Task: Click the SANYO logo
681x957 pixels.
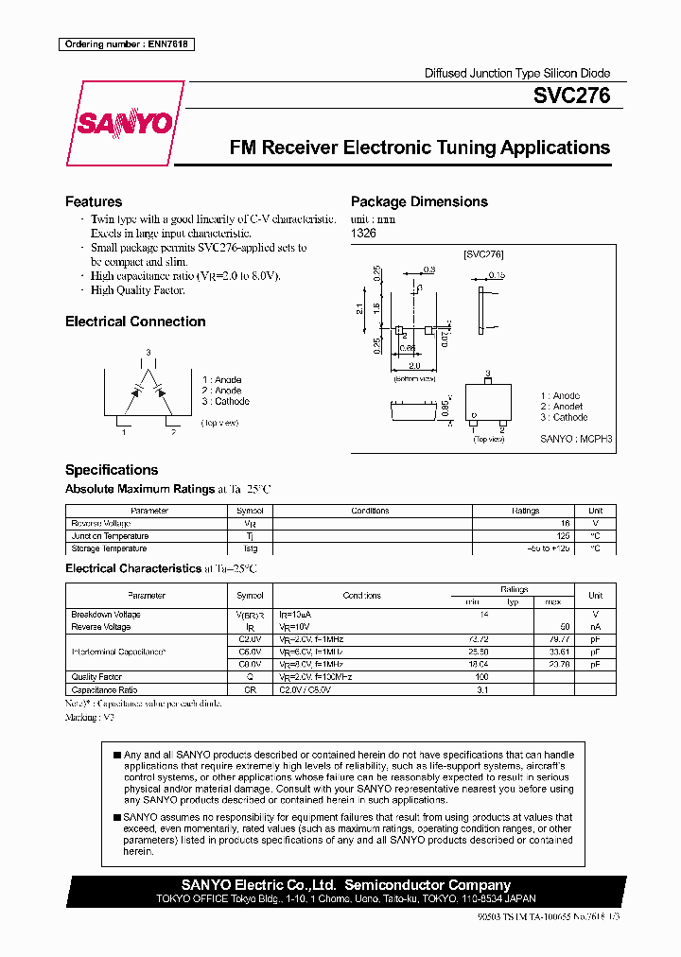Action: [125, 123]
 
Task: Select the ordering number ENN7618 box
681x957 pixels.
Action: [126, 44]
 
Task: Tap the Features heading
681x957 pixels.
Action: [94, 201]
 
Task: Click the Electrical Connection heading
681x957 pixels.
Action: [135, 322]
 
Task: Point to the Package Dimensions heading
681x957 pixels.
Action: [419, 201]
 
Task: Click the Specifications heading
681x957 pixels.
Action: [112, 470]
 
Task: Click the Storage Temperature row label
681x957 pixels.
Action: [109, 548]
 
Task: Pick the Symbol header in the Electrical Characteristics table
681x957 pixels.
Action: [250, 596]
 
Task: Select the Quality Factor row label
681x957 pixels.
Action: [96, 677]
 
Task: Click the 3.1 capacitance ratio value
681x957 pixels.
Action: [483, 690]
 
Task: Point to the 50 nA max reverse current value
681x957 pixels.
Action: [564, 627]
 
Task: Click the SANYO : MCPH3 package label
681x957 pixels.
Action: [577, 440]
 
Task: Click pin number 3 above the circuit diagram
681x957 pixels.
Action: [148, 352]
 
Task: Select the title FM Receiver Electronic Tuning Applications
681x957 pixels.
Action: [419, 148]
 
